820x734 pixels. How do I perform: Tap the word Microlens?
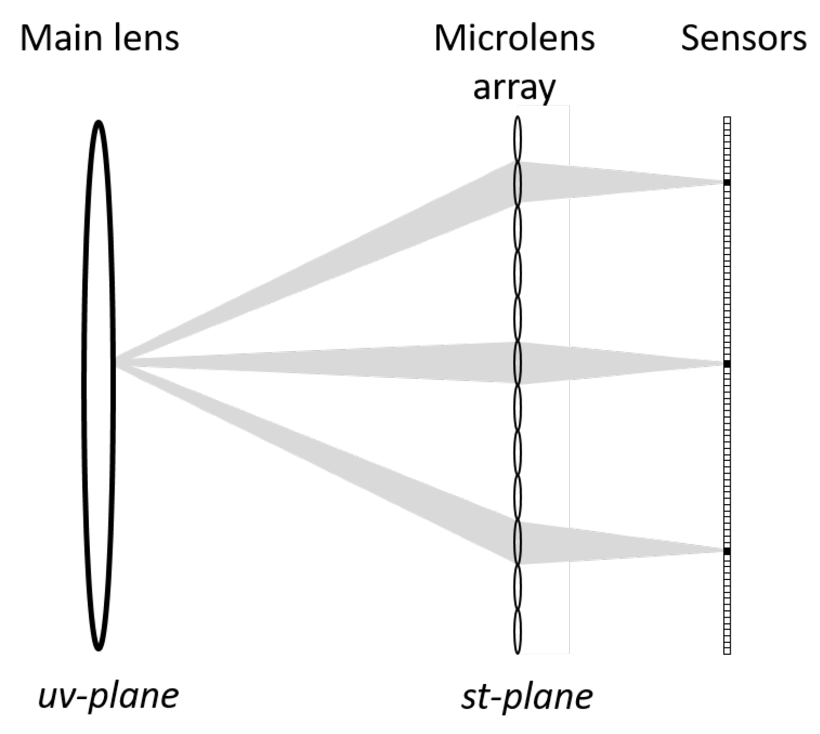(514, 38)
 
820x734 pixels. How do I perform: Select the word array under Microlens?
(514, 87)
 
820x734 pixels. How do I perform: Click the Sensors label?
(743, 38)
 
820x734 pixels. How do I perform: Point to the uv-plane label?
(108, 695)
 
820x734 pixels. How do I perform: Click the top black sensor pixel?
(727, 183)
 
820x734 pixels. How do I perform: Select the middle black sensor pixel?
(727, 364)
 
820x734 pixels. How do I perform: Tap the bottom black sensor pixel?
(727, 551)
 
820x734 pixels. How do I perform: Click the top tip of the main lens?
(98, 123)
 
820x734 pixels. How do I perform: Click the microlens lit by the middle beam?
(517, 364)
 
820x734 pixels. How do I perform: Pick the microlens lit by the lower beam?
(517, 543)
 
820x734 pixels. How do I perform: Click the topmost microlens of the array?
(517, 138)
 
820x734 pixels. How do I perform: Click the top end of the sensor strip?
(727, 119)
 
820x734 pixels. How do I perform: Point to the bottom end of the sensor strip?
(727, 652)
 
